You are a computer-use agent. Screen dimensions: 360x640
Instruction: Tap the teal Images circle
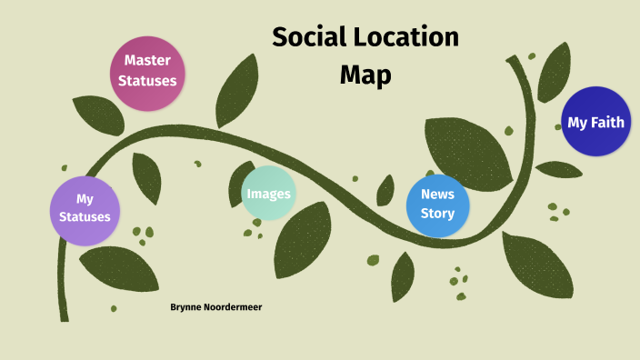coord(268,194)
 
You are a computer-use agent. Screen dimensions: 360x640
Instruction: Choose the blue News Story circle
coord(437,204)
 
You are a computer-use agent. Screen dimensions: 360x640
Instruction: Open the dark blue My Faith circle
coord(595,122)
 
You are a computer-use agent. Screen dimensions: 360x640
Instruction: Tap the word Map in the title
coord(365,75)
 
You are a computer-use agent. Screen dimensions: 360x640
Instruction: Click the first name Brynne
coord(187,307)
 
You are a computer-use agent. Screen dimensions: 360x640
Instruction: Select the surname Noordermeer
coord(235,307)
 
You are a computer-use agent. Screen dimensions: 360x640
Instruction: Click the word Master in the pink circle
coord(147,60)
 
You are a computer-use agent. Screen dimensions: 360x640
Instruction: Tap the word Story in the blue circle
coord(437,215)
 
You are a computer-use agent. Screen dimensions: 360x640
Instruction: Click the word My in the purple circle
coord(85,198)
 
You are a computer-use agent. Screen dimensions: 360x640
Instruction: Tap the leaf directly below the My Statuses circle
coord(119,268)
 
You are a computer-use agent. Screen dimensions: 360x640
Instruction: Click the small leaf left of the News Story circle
coord(385,189)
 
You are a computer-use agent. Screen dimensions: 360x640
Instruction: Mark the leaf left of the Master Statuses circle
coord(97,115)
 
